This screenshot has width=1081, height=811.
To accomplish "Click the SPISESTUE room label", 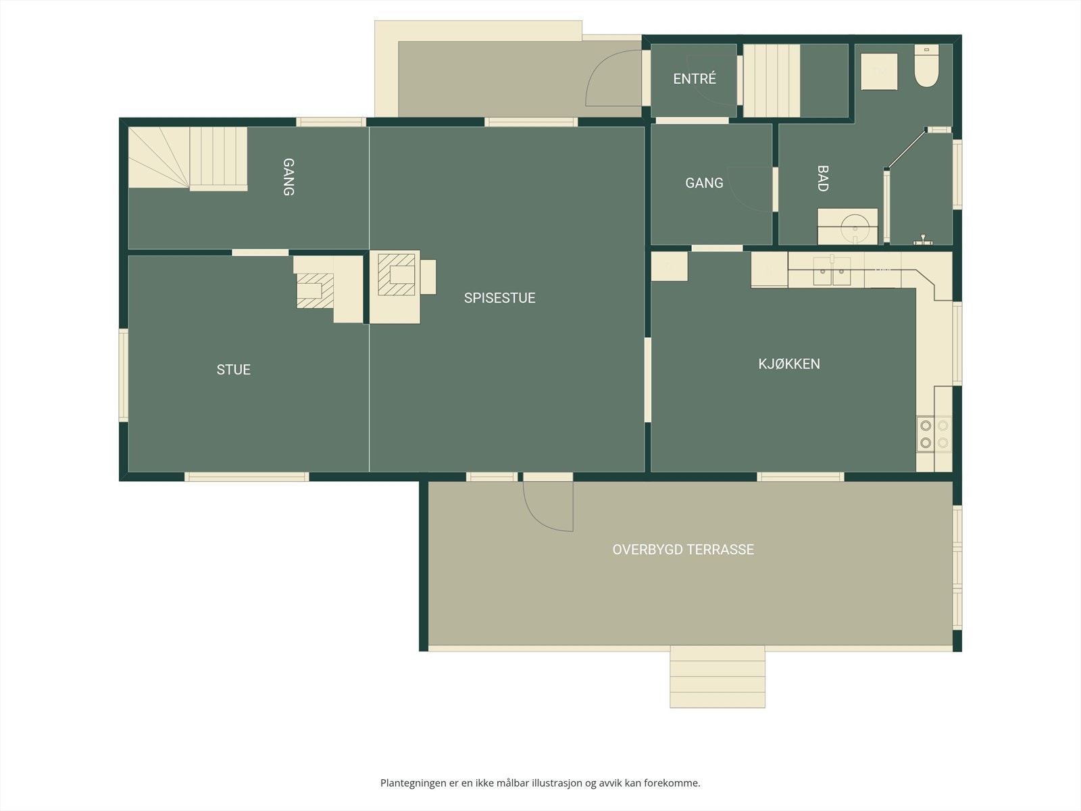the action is pyautogui.click(x=499, y=298).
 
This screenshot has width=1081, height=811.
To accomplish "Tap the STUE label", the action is pyautogui.click(x=234, y=370).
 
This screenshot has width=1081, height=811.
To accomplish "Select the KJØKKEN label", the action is pyautogui.click(x=789, y=364).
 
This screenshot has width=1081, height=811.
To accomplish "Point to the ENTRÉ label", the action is pyautogui.click(x=695, y=79).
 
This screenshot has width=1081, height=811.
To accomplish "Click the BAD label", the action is pyautogui.click(x=822, y=178).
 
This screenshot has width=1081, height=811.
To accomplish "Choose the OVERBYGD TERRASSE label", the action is pyautogui.click(x=683, y=549).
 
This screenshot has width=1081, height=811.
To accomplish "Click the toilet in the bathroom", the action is pyautogui.click(x=926, y=66).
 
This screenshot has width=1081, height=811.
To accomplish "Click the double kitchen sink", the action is pyautogui.click(x=832, y=271).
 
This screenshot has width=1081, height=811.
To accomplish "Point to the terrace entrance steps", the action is pyautogui.click(x=717, y=677).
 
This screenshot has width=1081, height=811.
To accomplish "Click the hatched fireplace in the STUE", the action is pyautogui.click(x=316, y=291).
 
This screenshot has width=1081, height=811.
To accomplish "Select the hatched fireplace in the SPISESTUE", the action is pyautogui.click(x=397, y=274).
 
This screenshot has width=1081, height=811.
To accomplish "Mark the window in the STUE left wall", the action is pyautogui.click(x=123, y=375).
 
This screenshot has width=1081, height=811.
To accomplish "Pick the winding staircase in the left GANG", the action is pyautogui.click(x=188, y=159).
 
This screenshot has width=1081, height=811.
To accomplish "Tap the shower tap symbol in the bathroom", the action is pyautogui.click(x=923, y=239).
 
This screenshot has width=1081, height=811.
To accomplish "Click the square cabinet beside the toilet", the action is pyautogui.click(x=879, y=72).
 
